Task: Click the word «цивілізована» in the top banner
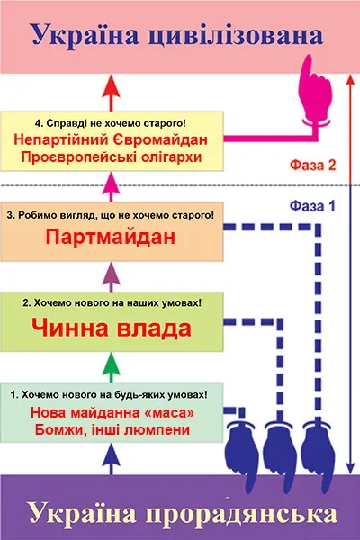(x=235, y=36)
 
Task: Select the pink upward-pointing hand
(x=315, y=92)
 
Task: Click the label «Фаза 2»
(x=312, y=166)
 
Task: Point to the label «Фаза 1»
(x=312, y=206)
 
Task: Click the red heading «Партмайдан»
(x=111, y=238)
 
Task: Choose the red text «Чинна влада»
(x=112, y=328)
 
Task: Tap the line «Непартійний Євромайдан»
(x=111, y=139)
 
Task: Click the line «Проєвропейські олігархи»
(x=112, y=157)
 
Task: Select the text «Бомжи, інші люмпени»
(x=112, y=430)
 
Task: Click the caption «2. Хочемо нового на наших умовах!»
(x=112, y=303)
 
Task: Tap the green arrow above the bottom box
(x=111, y=367)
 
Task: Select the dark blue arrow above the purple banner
(x=111, y=459)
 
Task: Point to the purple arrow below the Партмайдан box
(x=111, y=276)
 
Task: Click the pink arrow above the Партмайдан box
(x=111, y=187)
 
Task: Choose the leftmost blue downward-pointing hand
(x=243, y=454)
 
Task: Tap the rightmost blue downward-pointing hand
(x=319, y=454)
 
